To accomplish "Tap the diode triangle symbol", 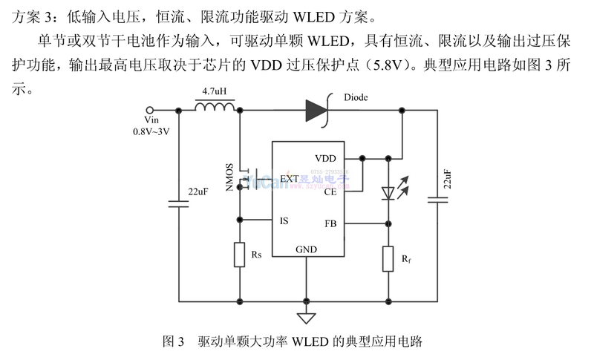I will pyautogui.click(x=316, y=111).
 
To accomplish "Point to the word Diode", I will pyautogui.click(x=356, y=97).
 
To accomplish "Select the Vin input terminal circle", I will pyautogui.click(x=152, y=110).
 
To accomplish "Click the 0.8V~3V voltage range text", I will pyautogui.click(x=152, y=132).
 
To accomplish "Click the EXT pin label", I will pyautogui.click(x=290, y=179).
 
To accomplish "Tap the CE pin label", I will pyautogui.click(x=330, y=191).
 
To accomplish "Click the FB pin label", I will pyautogui.click(x=330, y=223).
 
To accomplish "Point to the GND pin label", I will pyautogui.click(x=306, y=249).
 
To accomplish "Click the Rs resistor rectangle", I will pyautogui.click(x=240, y=255).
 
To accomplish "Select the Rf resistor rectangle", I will pyautogui.click(x=388, y=258).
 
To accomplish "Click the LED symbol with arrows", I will pyautogui.click(x=391, y=191).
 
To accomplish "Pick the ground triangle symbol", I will pyautogui.click(x=305, y=318).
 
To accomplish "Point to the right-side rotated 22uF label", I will pyautogui.click(x=447, y=180).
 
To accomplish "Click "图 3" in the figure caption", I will pyautogui.click(x=172, y=342).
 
